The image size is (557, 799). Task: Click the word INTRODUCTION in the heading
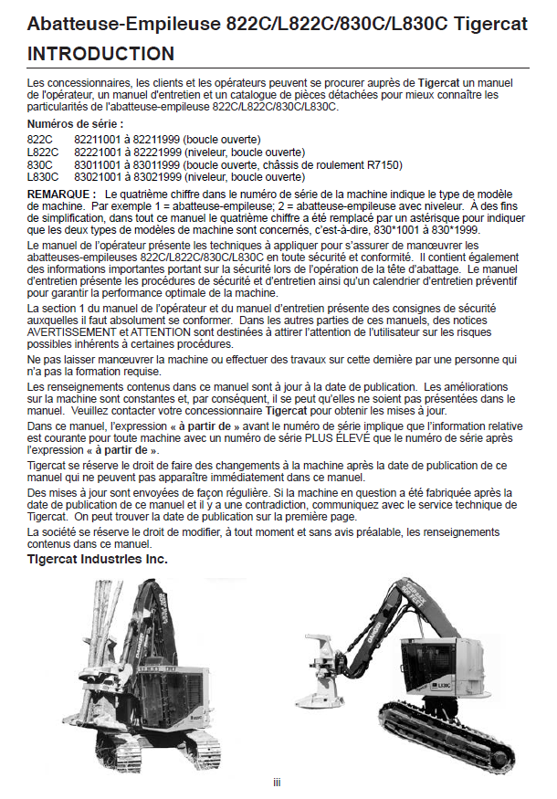tap(101, 55)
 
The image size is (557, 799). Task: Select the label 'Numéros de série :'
tap(76, 123)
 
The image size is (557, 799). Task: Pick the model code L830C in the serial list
tap(44, 176)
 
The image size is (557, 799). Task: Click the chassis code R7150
tap(388, 165)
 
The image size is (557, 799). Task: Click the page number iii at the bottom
tap(277, 782)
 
